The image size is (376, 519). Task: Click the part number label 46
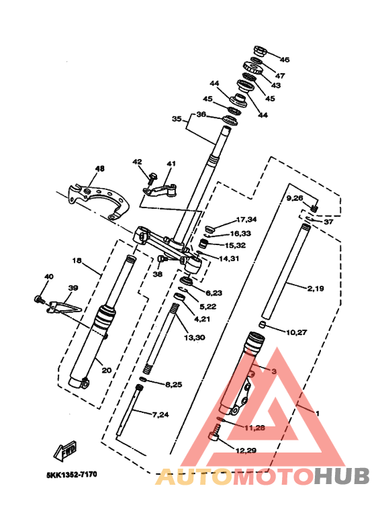tap(284, 60)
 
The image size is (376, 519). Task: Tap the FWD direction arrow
tap(66, 451)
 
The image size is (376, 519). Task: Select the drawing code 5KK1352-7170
tap(71, 475)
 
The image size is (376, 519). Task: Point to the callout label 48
tap(99, 169)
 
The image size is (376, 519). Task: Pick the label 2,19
tap(316, 289)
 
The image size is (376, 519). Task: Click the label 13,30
tap(195, 338)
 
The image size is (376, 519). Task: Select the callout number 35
tap(177, 119)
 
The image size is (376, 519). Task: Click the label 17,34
tap(246, 220)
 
